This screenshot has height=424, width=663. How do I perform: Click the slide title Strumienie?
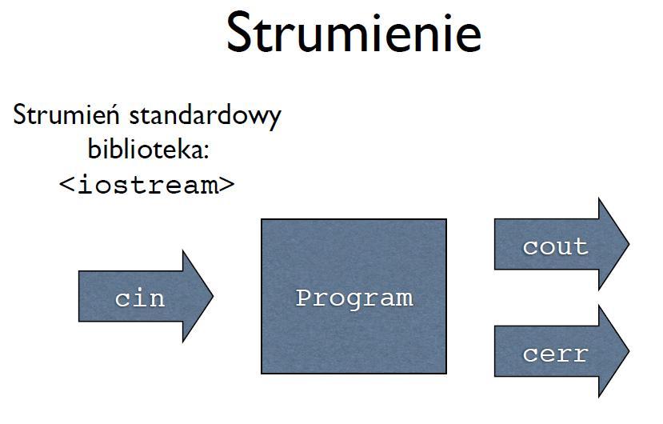354,33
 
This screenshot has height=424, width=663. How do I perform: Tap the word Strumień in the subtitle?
66,114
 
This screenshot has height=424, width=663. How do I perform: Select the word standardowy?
205,115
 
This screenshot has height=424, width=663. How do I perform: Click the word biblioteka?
149,148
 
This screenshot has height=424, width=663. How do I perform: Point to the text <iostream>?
146,185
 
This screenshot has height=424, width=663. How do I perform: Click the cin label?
139,298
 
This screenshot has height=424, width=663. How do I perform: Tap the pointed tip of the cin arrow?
213,296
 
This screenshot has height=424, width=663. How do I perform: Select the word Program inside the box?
354,298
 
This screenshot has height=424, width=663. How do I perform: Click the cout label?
555,246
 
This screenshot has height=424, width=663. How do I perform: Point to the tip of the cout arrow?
629,244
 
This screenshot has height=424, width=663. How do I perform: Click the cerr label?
555,354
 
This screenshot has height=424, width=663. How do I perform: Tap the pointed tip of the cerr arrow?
629,351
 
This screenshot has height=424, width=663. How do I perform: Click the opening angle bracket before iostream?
66,185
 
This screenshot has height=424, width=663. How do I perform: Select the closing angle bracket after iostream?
227,185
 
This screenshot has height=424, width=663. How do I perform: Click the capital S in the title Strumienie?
240,33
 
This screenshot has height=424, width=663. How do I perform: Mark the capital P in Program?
304,297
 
